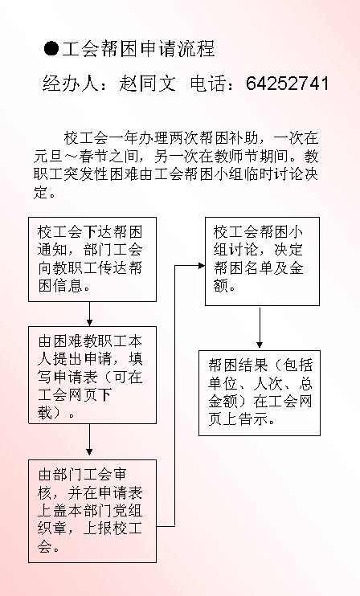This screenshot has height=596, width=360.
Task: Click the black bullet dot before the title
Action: click(51, 49)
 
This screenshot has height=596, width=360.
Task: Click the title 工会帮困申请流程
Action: click(139, 49)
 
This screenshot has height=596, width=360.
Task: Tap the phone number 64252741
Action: click(288, 84)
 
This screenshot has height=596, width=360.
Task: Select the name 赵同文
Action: click(148, 84)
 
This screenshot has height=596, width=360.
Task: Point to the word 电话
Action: click(208, 84)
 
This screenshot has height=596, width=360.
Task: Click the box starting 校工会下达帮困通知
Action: click(92, 259)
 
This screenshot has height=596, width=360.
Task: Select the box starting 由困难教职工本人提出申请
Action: click(92, 375)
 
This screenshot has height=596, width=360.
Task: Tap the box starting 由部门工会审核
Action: click(92, 511)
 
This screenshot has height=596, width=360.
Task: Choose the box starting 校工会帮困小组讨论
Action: click(262, 262)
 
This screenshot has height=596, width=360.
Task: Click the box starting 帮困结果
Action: click(260, 393)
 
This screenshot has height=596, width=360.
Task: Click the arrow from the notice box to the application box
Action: click(89, 314)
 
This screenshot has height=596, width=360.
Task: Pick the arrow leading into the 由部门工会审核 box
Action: click(89, 440)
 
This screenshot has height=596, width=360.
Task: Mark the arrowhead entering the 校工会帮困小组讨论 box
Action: click(202, 266)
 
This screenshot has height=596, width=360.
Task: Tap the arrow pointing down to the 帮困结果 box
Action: click(260, 328)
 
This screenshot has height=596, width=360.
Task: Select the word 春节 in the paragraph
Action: click(94, 156)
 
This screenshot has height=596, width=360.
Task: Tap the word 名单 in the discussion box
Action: click(259, 268)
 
